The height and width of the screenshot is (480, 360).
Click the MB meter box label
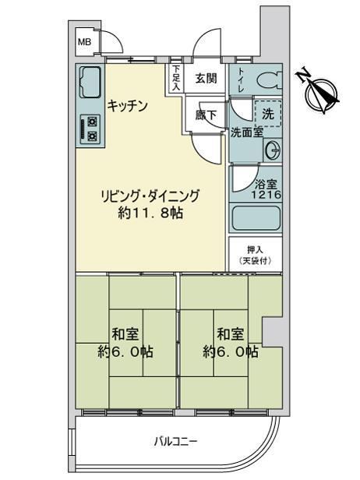pos(84,42)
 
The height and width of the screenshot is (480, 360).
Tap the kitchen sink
pos(90,82)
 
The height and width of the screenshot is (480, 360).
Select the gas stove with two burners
pos(90,129)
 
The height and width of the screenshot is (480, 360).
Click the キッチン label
pos(127,106)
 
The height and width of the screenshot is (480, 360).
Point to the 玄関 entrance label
pos(206,79)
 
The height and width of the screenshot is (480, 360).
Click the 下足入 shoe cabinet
pos(176,78)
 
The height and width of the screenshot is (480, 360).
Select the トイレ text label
pos(242,80)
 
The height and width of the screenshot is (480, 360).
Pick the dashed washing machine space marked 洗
pos(268,114)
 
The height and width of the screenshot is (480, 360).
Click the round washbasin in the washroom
pos(272,150)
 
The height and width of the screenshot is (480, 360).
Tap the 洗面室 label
pos(247,132)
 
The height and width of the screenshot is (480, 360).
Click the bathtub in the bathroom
pos(256,218)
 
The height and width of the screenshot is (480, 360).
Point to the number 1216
pos(266,194)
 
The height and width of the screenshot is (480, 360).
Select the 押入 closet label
pos(255,250)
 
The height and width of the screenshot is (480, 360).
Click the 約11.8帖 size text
pos(150,213)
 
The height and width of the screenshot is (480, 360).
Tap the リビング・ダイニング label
pos(150,196)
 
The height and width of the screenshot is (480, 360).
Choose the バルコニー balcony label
pos(176,441)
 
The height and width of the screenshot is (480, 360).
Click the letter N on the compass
pos(303,75)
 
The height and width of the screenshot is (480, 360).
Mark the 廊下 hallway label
pos(206,115)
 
